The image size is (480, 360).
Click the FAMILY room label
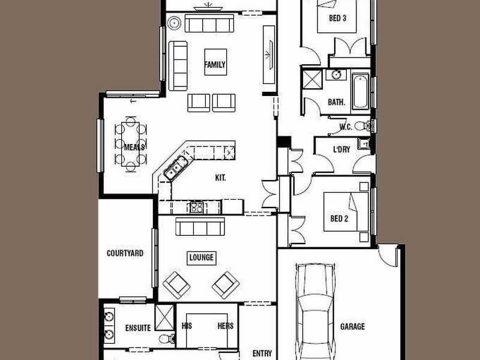(x=215, y=65)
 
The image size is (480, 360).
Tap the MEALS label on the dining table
(x=134, y=147)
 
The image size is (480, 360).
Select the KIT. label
(x=220, y=178)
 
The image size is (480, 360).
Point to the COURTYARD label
(x=125, y=253)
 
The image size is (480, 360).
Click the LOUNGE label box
(x=202, y=258)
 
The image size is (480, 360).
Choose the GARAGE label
(x=352, y=326)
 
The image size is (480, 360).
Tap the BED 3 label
(x=337, y=18)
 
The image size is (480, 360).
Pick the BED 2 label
(x=339, y=218)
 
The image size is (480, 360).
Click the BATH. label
(x=337, y=102)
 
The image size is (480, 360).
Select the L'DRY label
(x=341, y=149)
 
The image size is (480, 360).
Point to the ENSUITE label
(x=138, y=328)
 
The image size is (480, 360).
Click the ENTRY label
(x=262, y=353)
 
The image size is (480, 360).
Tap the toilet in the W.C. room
(x=363, y=125)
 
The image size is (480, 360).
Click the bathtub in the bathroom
(x=361, y=91)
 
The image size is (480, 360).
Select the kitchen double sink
(x=175, y=168)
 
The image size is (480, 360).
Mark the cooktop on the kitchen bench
(x=197, y=208)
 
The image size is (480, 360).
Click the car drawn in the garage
(x=316, y=311)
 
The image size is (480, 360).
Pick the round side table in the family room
(x=175, y=23)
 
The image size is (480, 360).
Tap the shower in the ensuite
(x=164, y=317)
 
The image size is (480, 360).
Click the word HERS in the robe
(x=226, y=326)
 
